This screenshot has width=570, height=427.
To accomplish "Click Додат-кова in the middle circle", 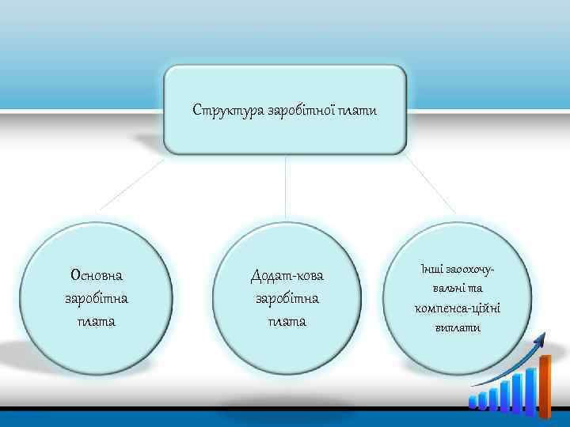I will (x=287, y=276).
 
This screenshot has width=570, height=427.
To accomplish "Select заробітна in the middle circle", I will (x=287, y=299).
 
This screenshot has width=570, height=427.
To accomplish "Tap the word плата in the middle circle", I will (x=287, y=322).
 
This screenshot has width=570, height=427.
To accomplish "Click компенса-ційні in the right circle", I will (x=457, y=308).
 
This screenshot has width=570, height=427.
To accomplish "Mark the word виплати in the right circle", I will (x=457, y=327).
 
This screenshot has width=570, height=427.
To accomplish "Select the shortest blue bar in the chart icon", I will (x=473, y=402).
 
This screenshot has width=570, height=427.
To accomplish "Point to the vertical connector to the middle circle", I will (x=285, y=190).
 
